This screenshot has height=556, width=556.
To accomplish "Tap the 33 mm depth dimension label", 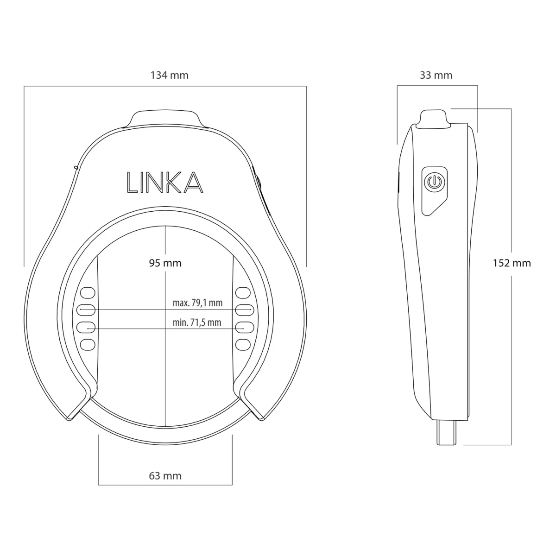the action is [436, 75].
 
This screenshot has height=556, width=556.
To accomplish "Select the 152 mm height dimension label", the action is [512, 263].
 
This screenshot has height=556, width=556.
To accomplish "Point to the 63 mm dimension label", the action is [165, 475].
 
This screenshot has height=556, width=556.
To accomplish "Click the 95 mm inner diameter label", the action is [165, 263].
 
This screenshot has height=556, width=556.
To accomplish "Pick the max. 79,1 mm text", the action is [197, 303].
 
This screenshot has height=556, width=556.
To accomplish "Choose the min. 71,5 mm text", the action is [197, 322].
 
